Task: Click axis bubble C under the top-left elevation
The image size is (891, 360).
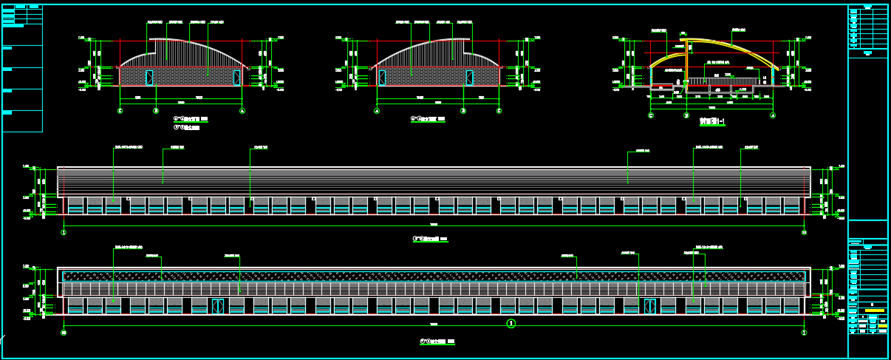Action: coord(120,111)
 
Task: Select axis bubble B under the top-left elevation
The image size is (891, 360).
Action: coord(156,111)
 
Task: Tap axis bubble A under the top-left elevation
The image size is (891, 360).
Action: coord(242,111)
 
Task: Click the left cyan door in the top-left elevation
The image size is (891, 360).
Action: coord(149,78)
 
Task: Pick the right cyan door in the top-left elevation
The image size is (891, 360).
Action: coord(236,78)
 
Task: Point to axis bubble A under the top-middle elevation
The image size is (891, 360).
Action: coord(377,111)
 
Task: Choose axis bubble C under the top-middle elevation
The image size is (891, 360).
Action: coord(499,111)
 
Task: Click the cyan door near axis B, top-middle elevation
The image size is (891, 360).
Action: coord(470,78)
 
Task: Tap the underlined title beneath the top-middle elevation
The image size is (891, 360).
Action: coord(429,118)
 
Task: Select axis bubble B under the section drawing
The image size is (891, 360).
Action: coord(686,115)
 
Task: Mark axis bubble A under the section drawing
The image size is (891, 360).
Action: coord(773,115)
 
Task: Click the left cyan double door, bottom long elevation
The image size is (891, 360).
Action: coord(217,306)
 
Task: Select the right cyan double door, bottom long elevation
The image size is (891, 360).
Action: coord(649,306)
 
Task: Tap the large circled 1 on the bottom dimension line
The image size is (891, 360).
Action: coord(511,324)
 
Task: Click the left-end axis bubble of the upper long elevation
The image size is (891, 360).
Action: coord(64,232)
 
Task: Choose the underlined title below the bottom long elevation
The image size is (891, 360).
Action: coord(432,342)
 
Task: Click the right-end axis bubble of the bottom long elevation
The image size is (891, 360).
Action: coord(804,333)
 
